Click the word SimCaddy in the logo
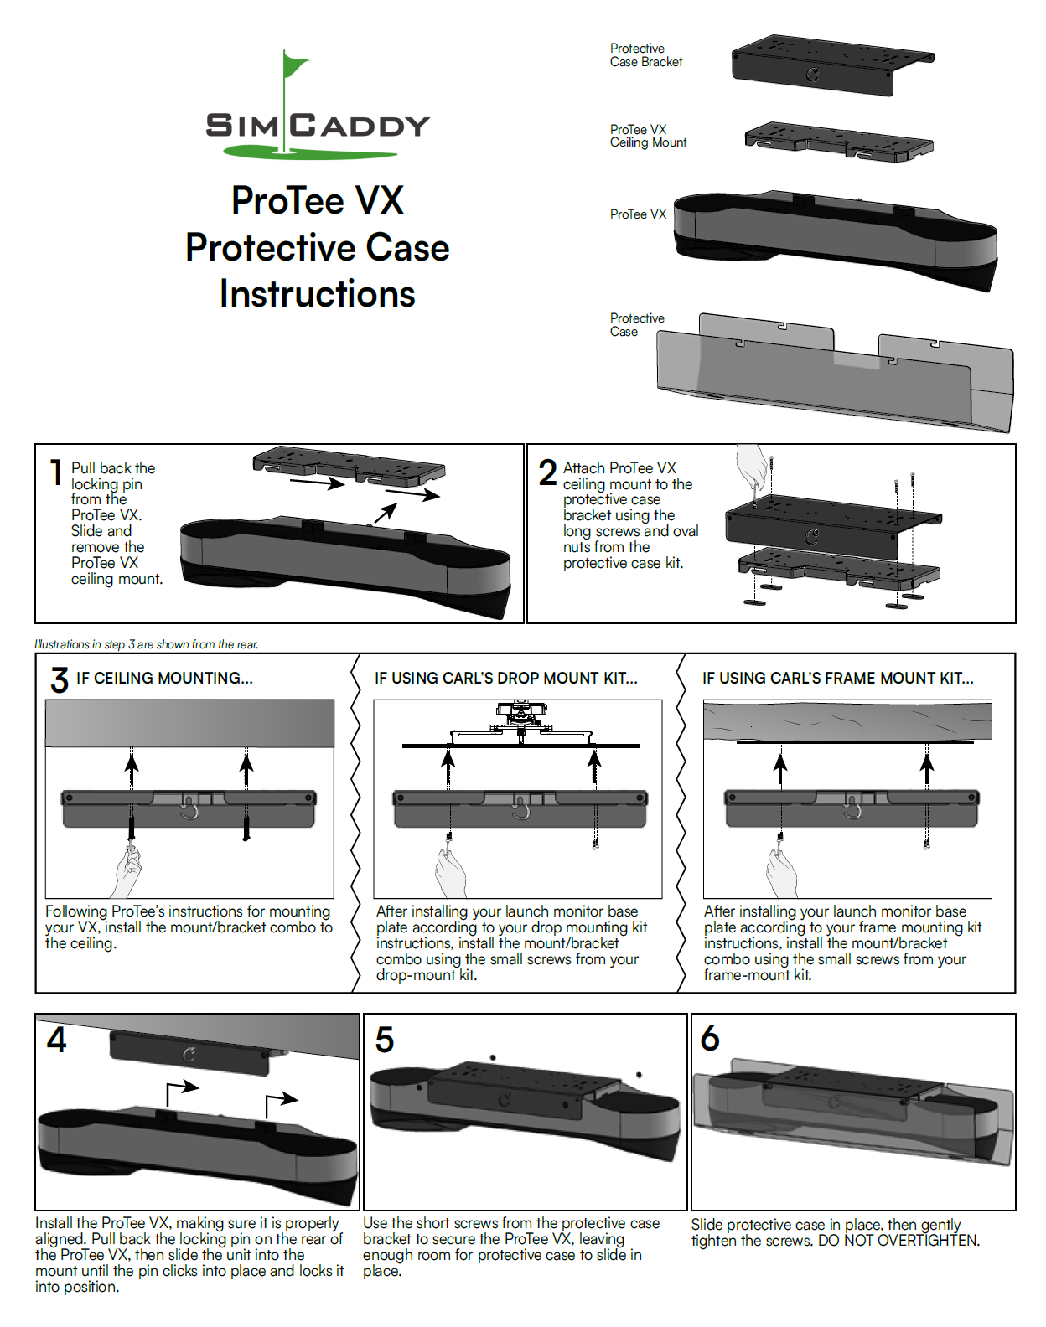point(317,126)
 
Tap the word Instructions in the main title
point(317,294)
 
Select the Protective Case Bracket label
point(645,55)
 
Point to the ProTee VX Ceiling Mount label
point(647,136)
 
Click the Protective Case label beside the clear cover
point(636,325)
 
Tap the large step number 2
point(547,472)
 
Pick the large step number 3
point(59,679)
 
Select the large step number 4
point(56,1040)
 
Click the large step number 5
point(384,1040)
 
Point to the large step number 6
point(709,1039)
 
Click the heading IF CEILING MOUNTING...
point(164,679)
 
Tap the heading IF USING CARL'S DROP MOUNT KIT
point(505,679)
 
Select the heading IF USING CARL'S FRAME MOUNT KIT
point(837,679)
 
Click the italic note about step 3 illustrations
point(147,644)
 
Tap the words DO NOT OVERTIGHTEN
point(898,1241)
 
